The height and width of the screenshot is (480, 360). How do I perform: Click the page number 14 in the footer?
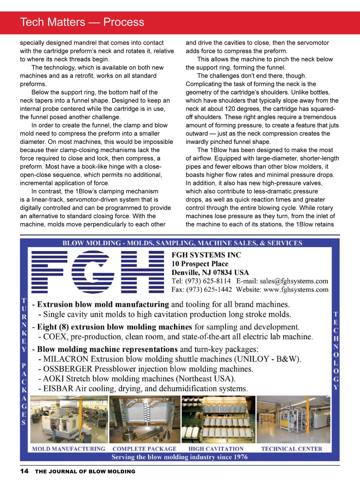click(24, 471)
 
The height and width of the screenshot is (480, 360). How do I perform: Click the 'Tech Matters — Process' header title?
click(82, 22)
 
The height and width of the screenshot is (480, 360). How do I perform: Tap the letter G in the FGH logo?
click(93, 271)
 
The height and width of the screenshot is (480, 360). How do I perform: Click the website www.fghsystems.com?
click(296, 290)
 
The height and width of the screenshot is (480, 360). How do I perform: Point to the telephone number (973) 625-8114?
click(208, 281)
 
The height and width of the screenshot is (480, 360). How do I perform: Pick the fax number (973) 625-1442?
click(209, 290)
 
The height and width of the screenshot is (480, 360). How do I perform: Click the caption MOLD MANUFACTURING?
click(69, 449)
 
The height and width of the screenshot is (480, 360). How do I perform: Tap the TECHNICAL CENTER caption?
click(292, 449)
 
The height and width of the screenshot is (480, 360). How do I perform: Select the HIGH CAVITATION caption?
click(216, 449)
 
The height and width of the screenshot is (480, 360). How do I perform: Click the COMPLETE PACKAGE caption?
click(144, 449)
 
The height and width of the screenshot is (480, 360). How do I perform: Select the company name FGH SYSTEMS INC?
click(206, 255)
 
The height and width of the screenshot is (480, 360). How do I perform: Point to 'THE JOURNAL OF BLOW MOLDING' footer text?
click(85, 471)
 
